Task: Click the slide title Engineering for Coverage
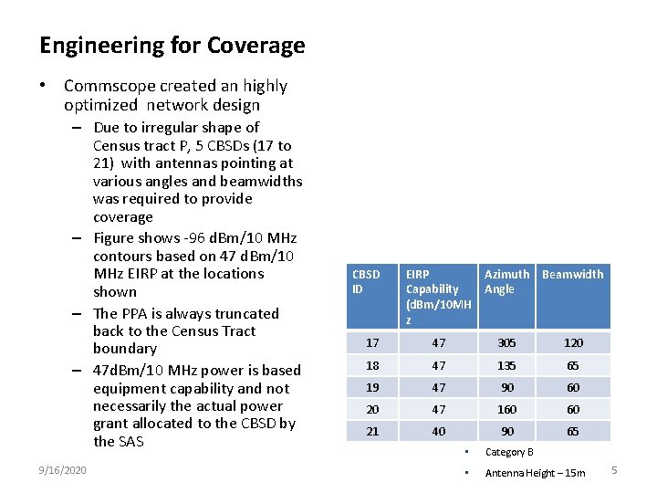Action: pos(172,46)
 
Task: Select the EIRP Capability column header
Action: pos(438,297)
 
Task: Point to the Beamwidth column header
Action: pos(572,274)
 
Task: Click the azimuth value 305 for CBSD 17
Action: pos(506,343)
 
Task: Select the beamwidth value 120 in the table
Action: pos(573,343)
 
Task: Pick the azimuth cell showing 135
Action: pos(506,365)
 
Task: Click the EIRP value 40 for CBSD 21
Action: pos(439,431)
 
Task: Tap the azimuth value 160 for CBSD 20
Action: pos(506,409)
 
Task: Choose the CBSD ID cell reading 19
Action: pos(372,387)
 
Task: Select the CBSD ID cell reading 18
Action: pos(372,365)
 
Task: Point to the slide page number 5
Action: pos(614,470)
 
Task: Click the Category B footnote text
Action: pos(509,452)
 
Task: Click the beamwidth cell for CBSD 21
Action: pos(573,431)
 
